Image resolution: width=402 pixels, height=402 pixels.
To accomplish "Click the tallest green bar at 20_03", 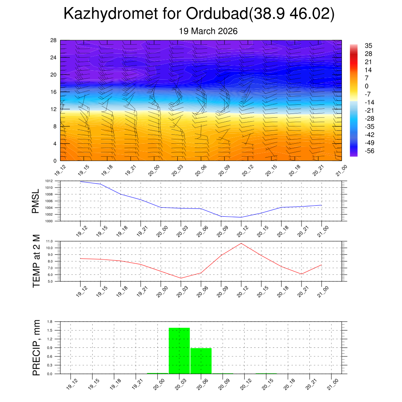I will [179, 351].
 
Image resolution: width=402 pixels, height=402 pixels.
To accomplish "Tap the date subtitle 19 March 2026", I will [208, 31].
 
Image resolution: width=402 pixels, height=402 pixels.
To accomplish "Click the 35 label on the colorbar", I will [368, 46].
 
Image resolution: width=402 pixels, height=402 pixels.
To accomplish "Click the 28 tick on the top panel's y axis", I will [54, 40].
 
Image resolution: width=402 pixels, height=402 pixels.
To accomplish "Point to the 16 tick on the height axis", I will [54, 92].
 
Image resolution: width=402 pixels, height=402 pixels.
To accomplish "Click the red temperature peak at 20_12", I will [241, 243].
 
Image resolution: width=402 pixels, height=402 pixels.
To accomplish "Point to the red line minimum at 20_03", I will [181, 278].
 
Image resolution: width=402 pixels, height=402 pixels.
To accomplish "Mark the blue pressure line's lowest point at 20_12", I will [241, 217].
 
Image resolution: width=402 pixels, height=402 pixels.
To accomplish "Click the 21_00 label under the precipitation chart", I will [333, 384].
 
